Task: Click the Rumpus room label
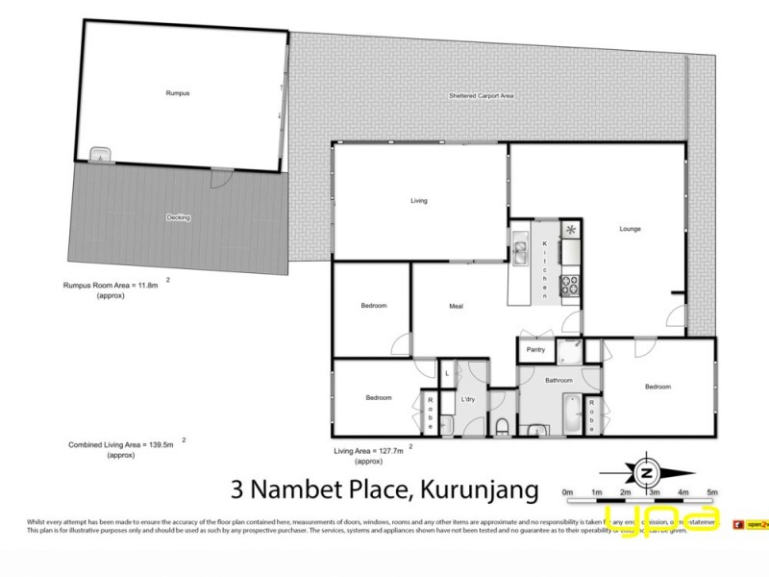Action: (178, 93)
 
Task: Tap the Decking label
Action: (178, 217)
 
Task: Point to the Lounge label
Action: (630, 229)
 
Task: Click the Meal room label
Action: (458, 308)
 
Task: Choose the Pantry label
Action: (535, 350)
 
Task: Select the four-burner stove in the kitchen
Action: (570, 286)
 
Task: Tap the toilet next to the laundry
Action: (502, 424)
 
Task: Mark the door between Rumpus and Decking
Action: (220, 178)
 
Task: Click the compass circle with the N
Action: (646, 473)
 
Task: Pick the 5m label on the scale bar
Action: (712, 492)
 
